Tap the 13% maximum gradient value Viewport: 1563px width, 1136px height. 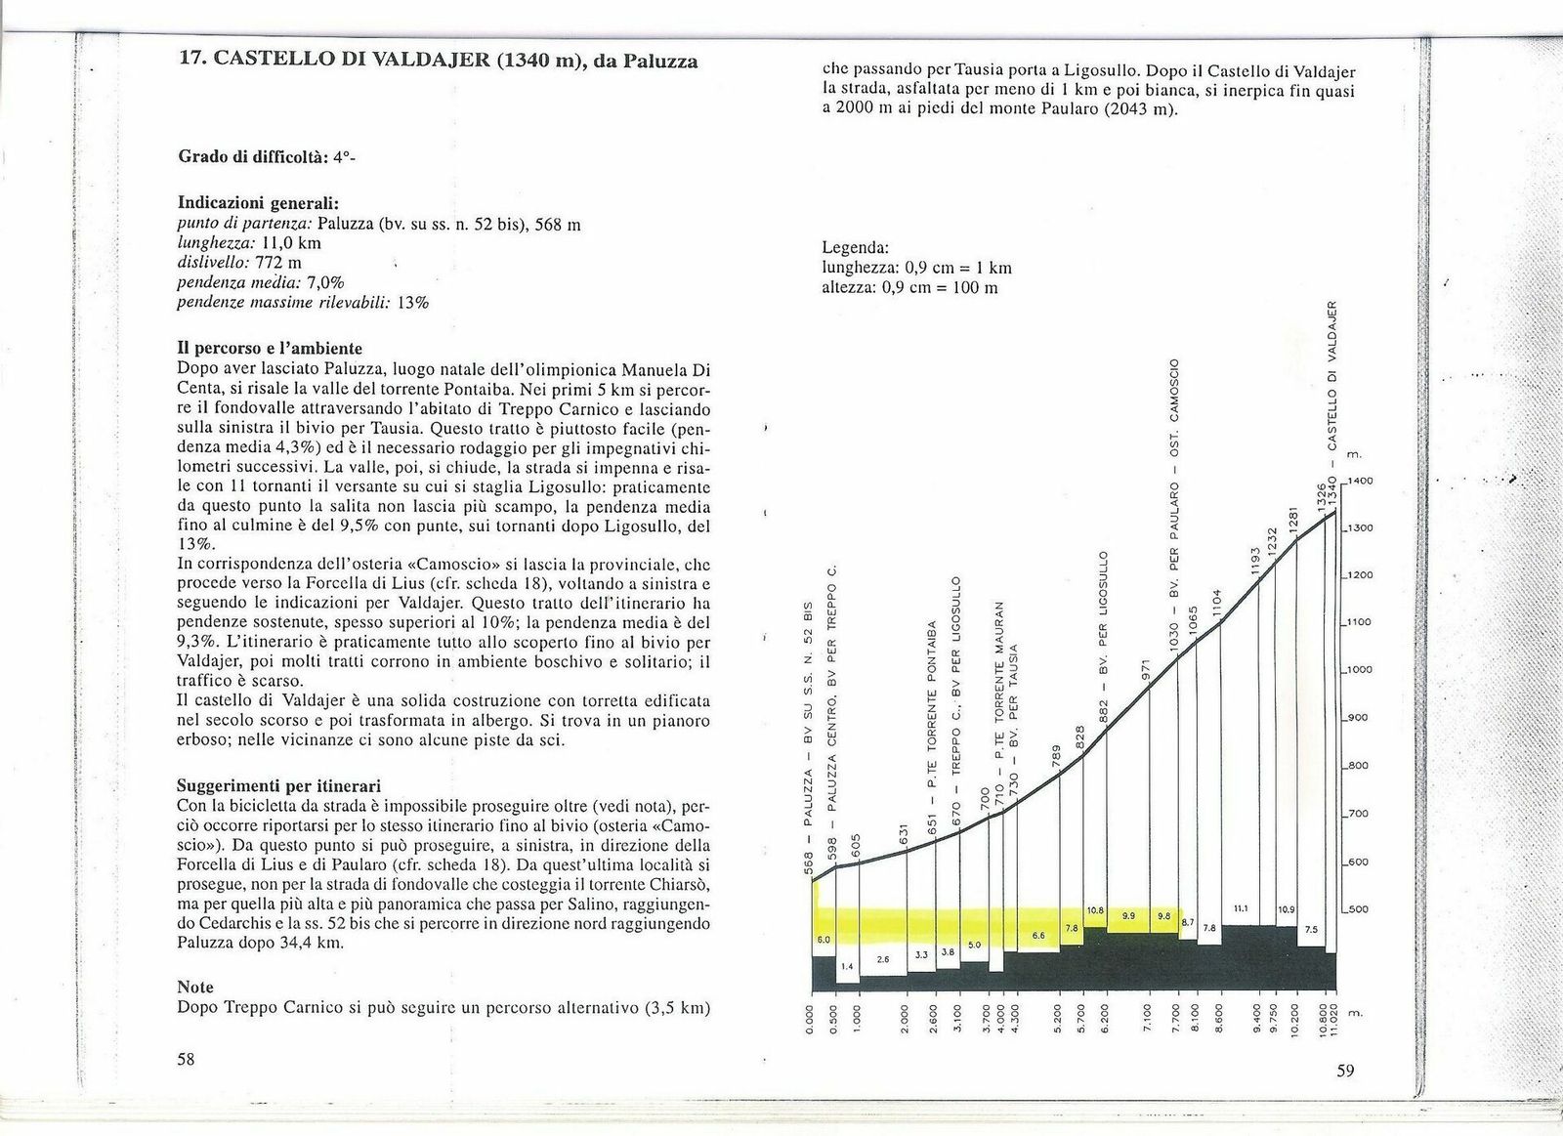coord(413,303)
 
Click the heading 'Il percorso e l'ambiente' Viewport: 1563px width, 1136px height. coord(270,349)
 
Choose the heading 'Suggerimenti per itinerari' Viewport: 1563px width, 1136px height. coord(278,786)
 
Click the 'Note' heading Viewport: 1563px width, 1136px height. coord(195,988)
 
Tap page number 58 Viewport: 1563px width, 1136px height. coord(186,1060)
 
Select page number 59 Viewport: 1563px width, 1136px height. coord(1345,1072)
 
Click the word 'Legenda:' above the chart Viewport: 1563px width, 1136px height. coord(855,248)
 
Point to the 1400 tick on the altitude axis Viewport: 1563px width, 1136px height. coord(1361,482)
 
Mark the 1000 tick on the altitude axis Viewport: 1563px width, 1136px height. coord(1361,671)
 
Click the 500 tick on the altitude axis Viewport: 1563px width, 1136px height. coord(1358,910)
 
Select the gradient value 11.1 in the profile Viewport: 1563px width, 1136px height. coord(1241,908)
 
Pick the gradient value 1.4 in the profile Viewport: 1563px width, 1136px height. coord(847,966)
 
